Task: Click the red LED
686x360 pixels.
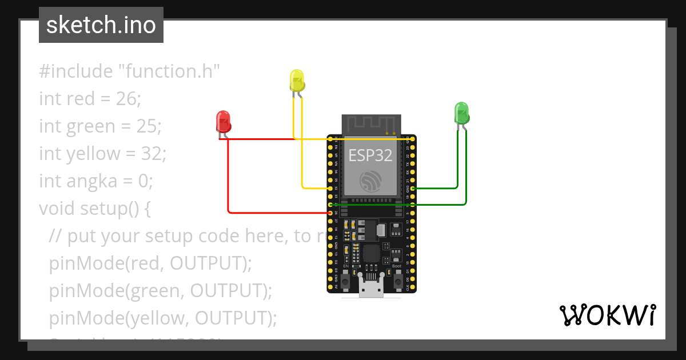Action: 222,122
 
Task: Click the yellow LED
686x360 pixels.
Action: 297,81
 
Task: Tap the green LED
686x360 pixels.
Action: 461,113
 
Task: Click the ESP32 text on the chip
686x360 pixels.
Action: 371,155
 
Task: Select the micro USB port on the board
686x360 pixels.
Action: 371,289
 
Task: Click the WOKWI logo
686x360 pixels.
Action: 607,315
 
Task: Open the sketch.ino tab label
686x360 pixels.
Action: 101,25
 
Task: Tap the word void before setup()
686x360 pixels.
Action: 58,209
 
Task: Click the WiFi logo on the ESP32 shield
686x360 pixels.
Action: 370,182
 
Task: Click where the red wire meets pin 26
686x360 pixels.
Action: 330,213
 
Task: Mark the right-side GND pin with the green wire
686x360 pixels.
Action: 412,188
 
